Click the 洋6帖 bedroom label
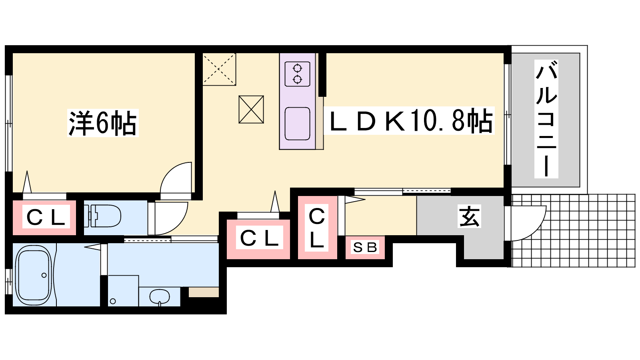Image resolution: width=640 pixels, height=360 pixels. [x=103, y=123]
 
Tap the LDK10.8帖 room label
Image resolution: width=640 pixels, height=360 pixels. [x=409, y=120]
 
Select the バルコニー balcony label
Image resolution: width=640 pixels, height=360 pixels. [x=546, y=119]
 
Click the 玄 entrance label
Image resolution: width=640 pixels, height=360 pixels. [x=469, y=216]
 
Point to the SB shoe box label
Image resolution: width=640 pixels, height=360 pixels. [x=365, y=248]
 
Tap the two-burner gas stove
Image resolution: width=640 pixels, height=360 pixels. [x=297, y=74]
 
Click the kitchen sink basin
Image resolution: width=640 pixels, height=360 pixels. [x=297, y=124]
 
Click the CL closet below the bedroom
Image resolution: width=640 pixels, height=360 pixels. [x=45, y=218]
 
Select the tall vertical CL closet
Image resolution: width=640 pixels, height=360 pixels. [x=317, y=228]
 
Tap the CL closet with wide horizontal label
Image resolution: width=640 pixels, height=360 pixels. [x=259, y=238]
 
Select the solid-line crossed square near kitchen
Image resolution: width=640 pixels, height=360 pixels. [x=251, y=109]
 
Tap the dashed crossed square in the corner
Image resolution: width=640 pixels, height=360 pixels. [x=219, y=69]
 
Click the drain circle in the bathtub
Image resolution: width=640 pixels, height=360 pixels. [x=44, y=275]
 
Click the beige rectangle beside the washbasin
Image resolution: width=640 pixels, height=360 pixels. [x=204, y=292]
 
